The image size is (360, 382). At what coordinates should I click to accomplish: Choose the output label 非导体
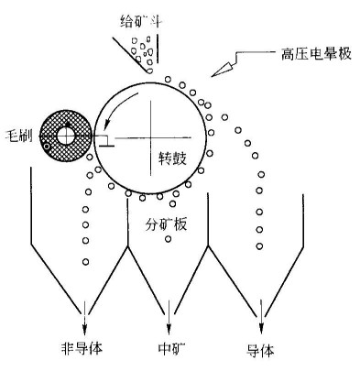[85, 348]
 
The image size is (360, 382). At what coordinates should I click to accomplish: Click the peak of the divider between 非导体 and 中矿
[126, 248]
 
